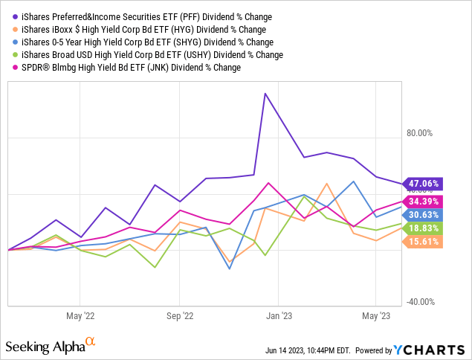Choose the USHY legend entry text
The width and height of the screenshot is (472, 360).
[149, 54]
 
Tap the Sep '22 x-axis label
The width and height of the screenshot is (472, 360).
[180, 315]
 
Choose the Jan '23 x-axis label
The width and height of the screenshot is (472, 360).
[278, 315]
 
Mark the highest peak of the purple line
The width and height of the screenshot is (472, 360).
[265, 94]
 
